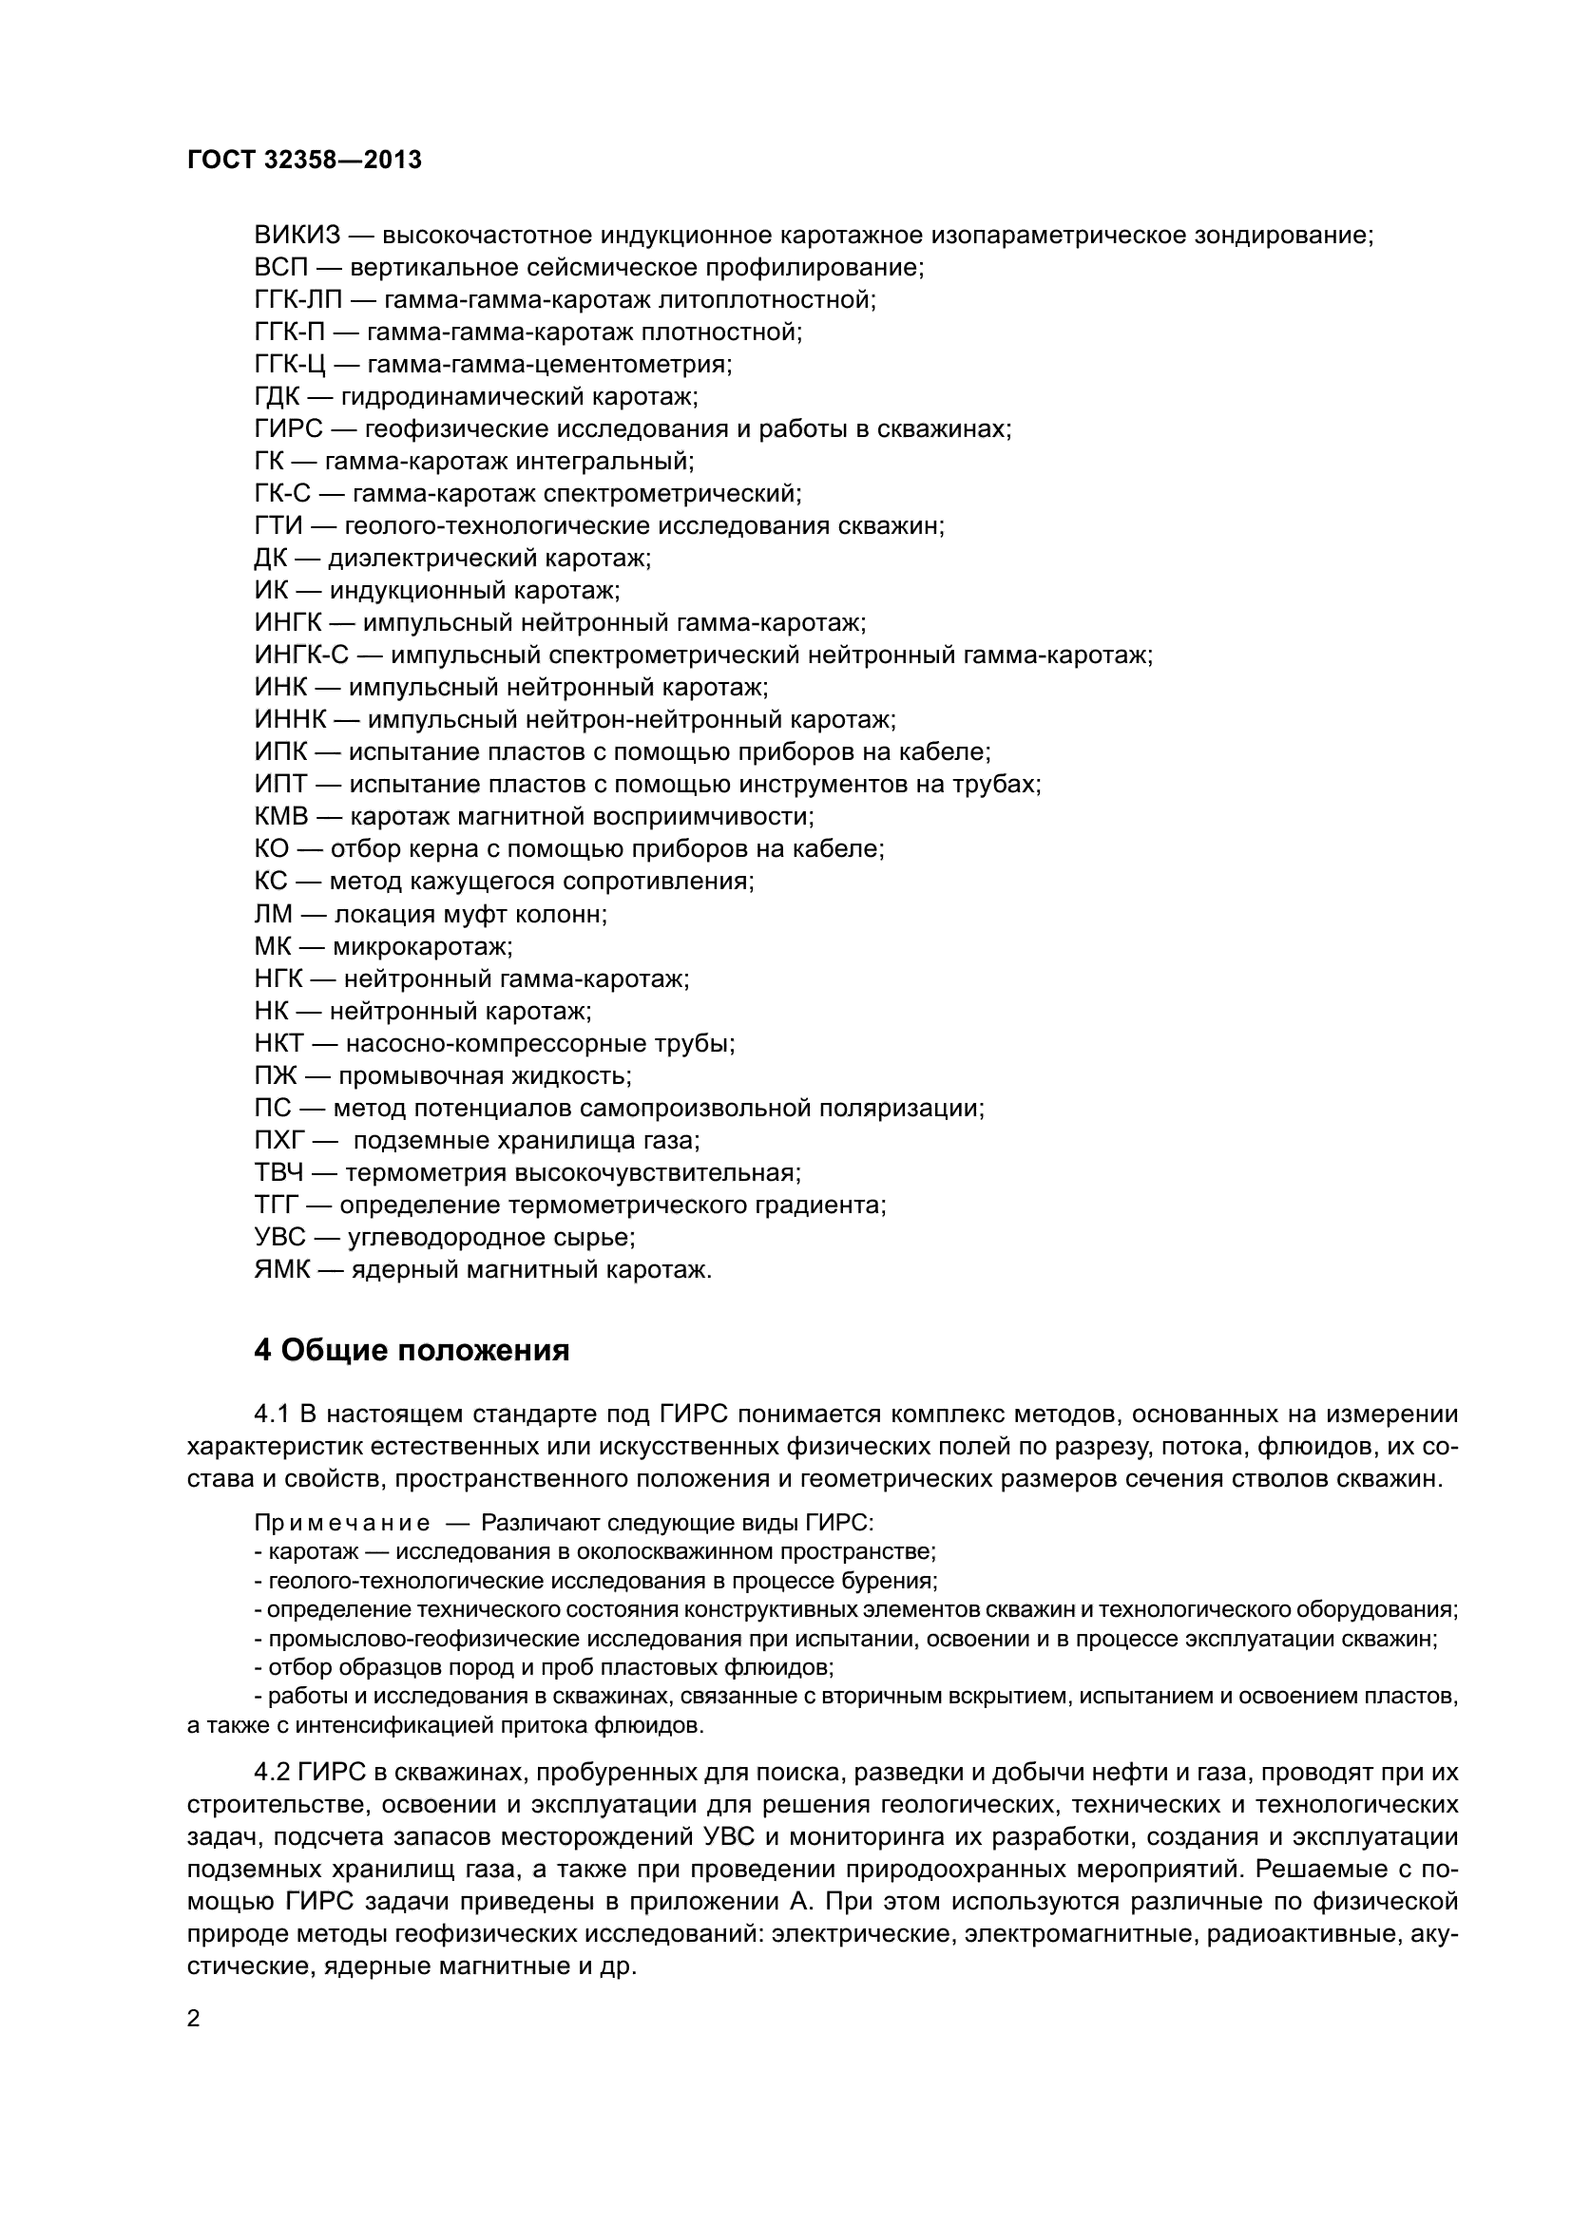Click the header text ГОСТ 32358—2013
(304, 160)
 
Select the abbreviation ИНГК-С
(301, 655)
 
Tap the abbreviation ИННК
(292, 720)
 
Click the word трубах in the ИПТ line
(1002, 785)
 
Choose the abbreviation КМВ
(281, 817)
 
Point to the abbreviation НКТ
(279, 1044)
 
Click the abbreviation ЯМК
(282, 1270)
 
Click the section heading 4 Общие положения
(412, 1350)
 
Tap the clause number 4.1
(272, 1415)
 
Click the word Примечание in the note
(342, 1523)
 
